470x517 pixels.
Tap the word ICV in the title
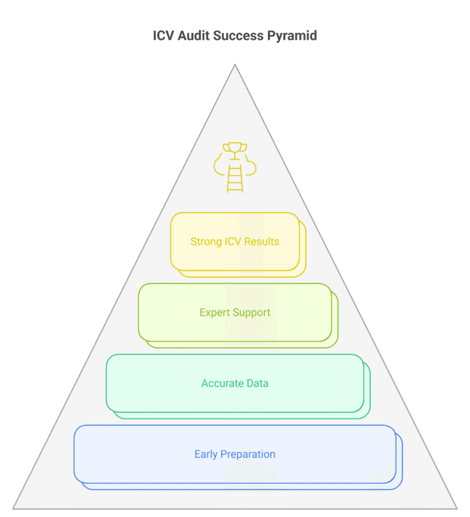(x=163, y=36)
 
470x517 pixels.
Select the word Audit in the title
(x=193, y=36)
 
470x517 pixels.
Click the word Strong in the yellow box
(x=204, y=241)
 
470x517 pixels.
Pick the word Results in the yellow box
(x=263, y=241)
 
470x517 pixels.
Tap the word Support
(x=251, y=312)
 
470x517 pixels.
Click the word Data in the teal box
(x=257, y=383)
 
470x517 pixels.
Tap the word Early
(x=206, y=455)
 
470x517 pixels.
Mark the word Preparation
(x=248, y=455)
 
